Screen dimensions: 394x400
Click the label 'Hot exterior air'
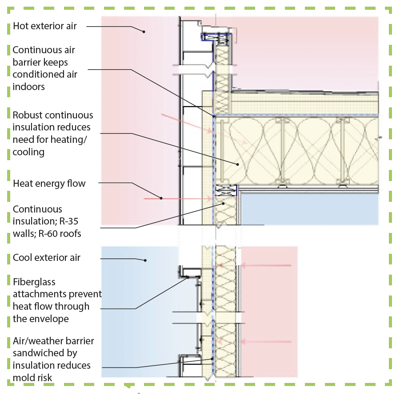[x=44, y=26]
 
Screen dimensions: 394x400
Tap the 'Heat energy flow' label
[x=49, y=183]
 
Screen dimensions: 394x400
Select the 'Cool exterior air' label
[x=47, y=257]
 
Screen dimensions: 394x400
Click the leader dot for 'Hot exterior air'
[x=144, y=32]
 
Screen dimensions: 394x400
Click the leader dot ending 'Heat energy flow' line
[x=161, y=198]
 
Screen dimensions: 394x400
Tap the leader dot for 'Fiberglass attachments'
[x=188, y=277]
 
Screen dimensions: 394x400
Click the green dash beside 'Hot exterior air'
[x=9, y=26]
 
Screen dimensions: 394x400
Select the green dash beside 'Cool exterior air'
[x=9, y=257]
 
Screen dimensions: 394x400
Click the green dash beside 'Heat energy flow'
[x=9, y=183]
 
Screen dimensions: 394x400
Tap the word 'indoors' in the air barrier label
[x=29, y=87]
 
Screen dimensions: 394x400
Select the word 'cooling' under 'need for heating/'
[x=28, y=152]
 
